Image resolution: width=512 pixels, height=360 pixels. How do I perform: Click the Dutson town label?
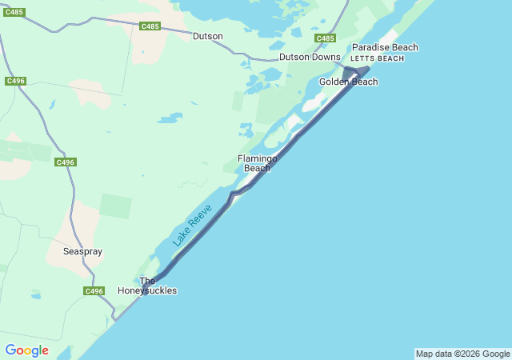tap(208, 36)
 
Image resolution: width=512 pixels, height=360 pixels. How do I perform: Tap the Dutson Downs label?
tap(310, 57)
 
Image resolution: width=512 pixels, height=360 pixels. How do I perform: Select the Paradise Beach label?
tap(385, 47)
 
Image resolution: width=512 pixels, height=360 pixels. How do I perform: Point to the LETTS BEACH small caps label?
tap(378, 58)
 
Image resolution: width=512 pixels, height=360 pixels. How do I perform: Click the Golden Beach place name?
tap(348, 82)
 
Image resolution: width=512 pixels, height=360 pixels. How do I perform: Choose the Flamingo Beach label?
tap(257, 163)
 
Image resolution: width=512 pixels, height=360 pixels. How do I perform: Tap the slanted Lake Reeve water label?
tap(192, 225)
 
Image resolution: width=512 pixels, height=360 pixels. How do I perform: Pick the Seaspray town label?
tap(82, 251)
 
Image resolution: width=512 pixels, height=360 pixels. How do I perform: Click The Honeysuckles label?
tap(158, 286)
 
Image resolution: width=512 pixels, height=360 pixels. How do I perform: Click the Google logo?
tap(26, 350)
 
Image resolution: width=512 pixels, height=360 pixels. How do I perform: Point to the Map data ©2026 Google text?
tap(462, 354)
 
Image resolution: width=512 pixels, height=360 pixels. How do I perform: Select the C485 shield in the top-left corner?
tap(14, 12)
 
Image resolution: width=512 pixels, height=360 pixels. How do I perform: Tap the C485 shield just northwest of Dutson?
tap(150, 26)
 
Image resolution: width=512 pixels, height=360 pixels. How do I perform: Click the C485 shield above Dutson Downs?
tap(325, 38)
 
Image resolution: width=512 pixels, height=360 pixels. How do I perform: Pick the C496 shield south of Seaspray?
tap(94, 290)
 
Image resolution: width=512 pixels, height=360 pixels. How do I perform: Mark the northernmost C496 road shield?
tap(15, 81)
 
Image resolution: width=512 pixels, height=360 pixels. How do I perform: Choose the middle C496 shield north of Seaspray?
tap(66, 162)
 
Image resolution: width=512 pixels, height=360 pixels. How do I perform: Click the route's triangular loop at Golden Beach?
tap(355, 73)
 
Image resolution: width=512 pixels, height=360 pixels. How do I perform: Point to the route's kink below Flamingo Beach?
tap(234, 194)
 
